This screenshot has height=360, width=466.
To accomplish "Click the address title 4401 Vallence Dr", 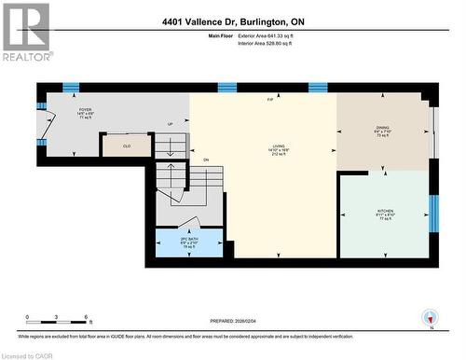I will tap(233, 21).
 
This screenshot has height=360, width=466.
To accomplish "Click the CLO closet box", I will tap(126, 145).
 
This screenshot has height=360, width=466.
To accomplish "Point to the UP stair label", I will tap(170, 125).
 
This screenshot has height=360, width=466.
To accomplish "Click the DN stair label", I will tap(206, 160).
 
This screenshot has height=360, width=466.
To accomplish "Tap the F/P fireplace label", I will tap(270, 100).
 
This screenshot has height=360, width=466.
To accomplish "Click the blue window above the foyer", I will tap(70, 88).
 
